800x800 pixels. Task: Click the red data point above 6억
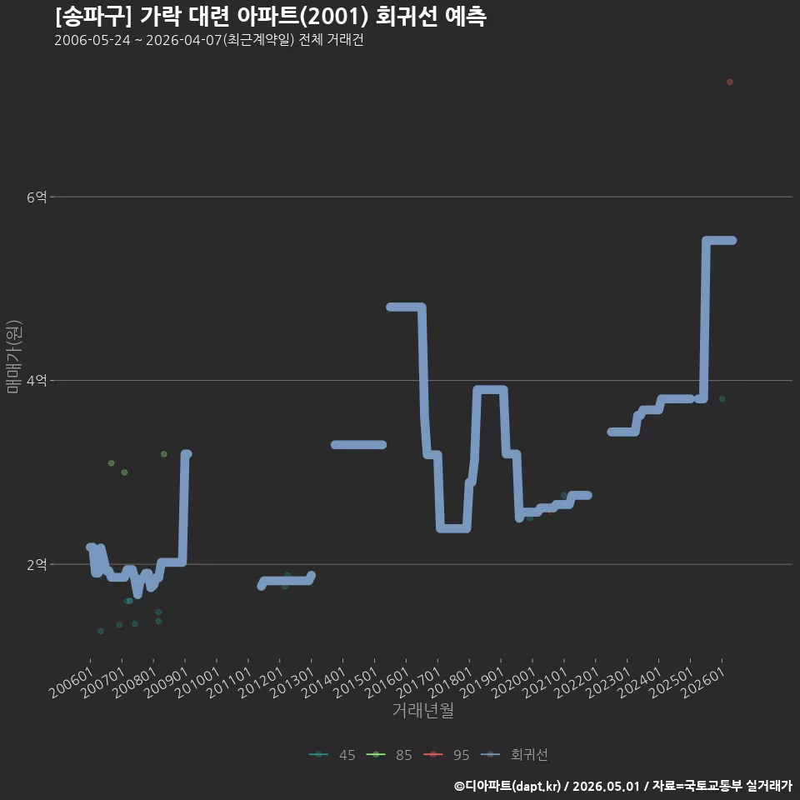730,82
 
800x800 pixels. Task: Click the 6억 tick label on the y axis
37,197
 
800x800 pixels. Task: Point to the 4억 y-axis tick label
37,381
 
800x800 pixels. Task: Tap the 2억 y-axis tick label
37,564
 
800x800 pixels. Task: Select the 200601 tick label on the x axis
72,682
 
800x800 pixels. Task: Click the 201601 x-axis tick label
387,682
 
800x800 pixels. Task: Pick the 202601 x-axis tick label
703,682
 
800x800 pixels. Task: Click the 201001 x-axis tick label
198,682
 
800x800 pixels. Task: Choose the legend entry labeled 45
332,755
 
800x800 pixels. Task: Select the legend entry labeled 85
389,755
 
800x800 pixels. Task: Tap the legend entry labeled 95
447,755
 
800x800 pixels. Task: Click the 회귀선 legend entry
514,755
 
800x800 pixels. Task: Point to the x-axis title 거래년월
423,710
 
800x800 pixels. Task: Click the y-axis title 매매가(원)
14,357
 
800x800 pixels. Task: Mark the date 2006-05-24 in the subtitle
92,40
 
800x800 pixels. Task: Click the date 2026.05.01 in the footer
606,786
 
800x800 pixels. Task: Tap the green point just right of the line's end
722,399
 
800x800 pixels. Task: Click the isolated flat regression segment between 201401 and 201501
358,444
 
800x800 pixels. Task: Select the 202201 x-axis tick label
577,682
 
